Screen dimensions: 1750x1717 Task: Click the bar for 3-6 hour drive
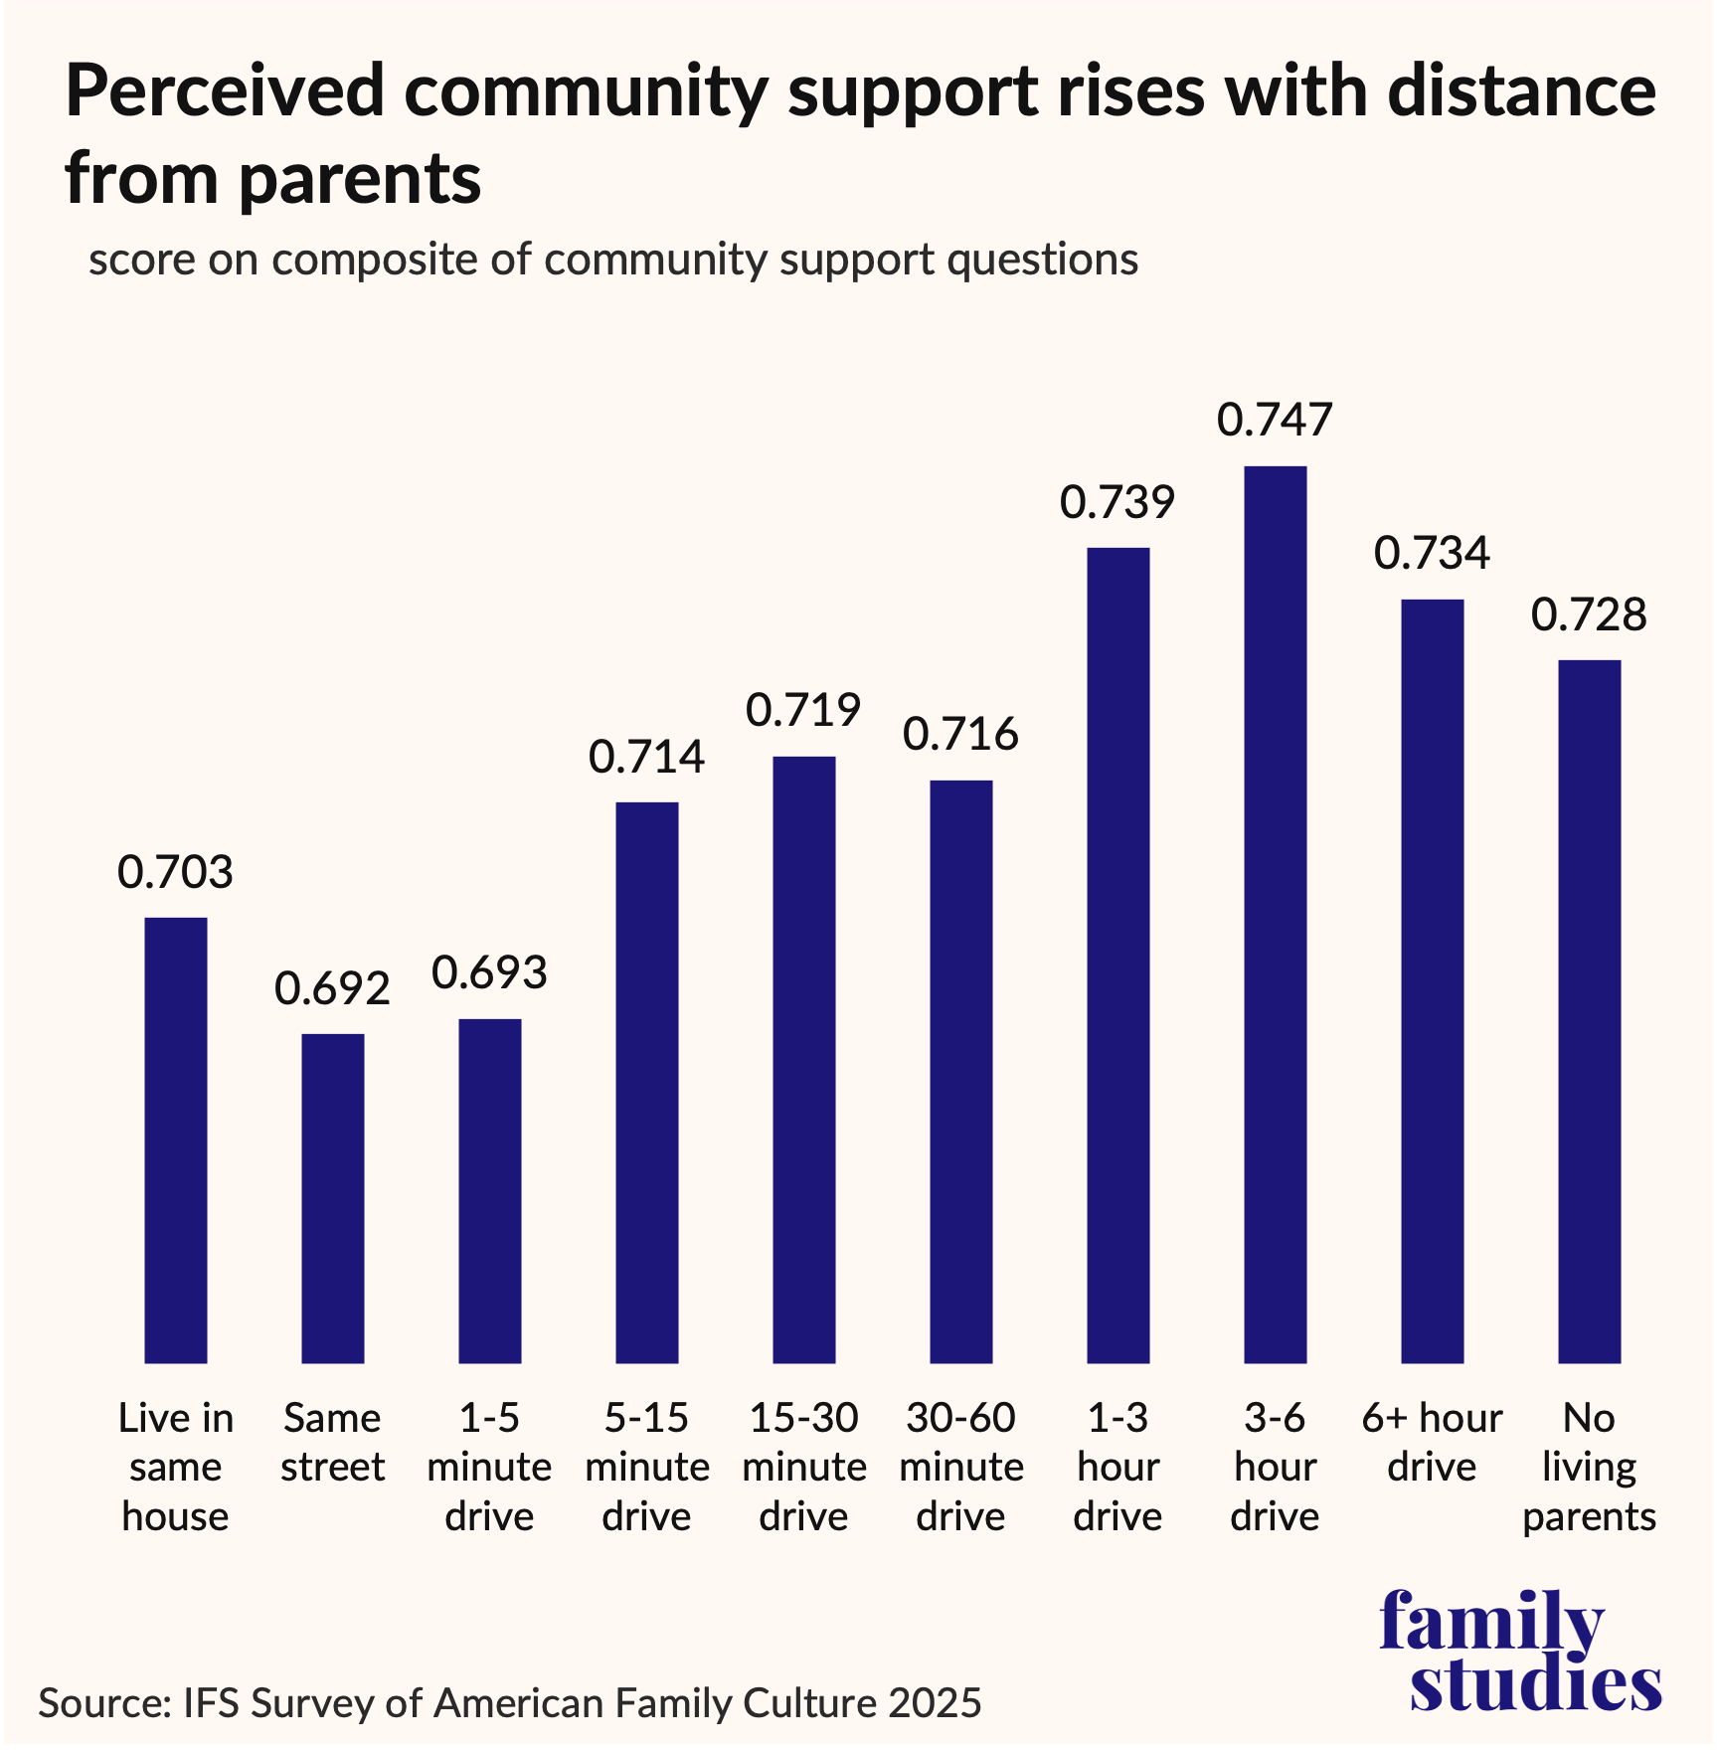(1275, 915)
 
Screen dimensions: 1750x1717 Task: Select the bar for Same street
(333, 1198)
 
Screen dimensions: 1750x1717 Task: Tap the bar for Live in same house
(176, 1139)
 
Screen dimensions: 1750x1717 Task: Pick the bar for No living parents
(1589, 1011)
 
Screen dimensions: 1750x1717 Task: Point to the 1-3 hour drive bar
(1117, 955)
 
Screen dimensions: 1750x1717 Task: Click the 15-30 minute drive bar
(803, 1059)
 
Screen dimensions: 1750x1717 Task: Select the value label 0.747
(1275, 420)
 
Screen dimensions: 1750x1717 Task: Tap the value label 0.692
(333, 988)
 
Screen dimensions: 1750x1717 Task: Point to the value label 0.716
(960, 734)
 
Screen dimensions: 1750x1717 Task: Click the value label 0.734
(1432, 553)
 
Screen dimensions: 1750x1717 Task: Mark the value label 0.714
(646, 757)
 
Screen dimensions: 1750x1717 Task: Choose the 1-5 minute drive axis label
(489, 1467)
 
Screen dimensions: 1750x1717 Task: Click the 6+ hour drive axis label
(1432, 1443)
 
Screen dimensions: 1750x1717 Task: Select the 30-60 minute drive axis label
(960, 1467)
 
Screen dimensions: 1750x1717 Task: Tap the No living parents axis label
(1589, 1467)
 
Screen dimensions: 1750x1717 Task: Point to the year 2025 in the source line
(935, 1703)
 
